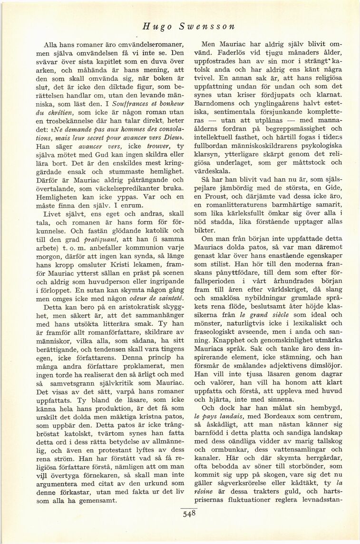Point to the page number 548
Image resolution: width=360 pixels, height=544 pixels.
[189, 513]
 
